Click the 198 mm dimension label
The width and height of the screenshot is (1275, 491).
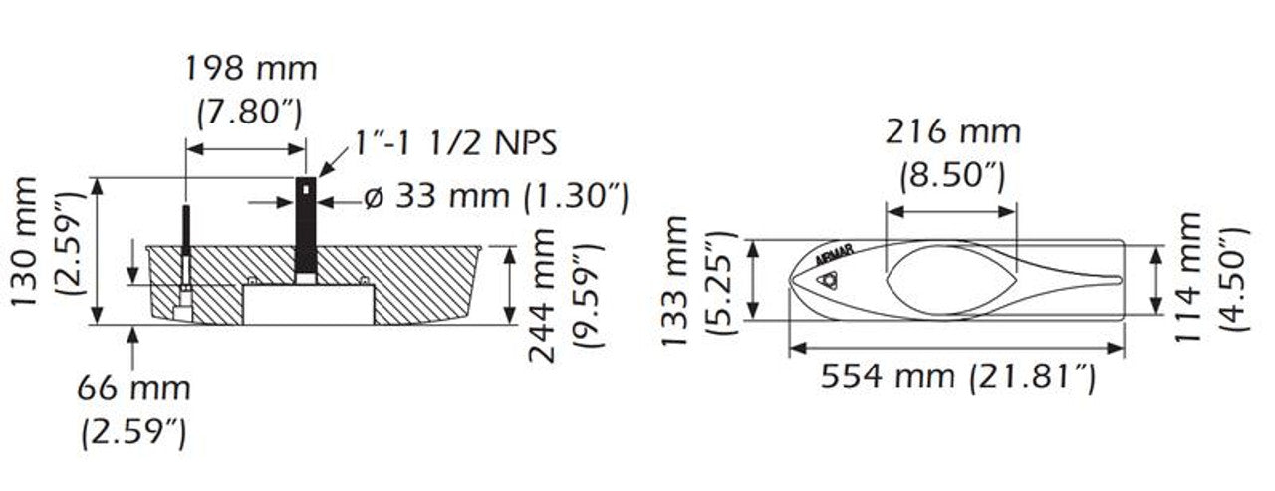[251, 70]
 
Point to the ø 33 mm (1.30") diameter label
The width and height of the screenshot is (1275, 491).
[495, 197]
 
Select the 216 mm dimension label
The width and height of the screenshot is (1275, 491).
[953, 132]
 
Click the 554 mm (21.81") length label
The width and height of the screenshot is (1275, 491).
[957, 376]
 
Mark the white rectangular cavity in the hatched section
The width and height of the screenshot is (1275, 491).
[309, 304]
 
